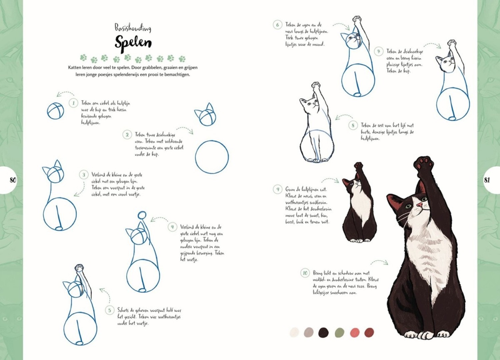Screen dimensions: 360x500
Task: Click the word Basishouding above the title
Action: [x=133, y=28]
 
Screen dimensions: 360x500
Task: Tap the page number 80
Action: [x=13, y=180]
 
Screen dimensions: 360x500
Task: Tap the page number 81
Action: [x=487, y=180]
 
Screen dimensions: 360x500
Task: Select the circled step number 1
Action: [x=73, y=103]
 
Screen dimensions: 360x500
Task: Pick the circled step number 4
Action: [x=172, y=227]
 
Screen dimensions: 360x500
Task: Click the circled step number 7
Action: [x=378, y=51]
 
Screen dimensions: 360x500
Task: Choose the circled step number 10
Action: [x=305, y=273]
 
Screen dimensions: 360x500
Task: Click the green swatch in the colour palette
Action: [x=339, y=332]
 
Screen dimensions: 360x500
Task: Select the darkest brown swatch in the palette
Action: [x=323, y=332]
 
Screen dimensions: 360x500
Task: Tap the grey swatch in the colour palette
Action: [x=309, y=332]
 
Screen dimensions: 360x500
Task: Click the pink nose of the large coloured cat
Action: [x=420, y=204]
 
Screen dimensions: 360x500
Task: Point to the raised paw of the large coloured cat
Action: [x=424, y=164]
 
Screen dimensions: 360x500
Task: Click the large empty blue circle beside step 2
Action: [x=212, y=157]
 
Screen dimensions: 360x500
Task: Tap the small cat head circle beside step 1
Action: [x=55, y=111]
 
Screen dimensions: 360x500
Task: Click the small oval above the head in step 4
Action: [x=142, y=215]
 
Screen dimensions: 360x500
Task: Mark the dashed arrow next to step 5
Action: [x=105, y=295]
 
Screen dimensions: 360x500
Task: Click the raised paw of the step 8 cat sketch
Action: [x=316, y=86]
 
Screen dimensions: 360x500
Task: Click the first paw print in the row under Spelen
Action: [x=83, y=58]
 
